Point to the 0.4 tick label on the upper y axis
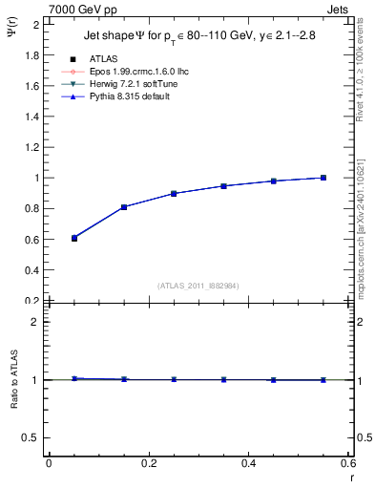point(31,270)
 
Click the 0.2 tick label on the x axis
point(148,463)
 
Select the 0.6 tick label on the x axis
point(348,463)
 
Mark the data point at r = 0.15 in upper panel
point(124,207)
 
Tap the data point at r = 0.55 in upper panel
point(323,178)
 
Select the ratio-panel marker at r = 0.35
point(223,379)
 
